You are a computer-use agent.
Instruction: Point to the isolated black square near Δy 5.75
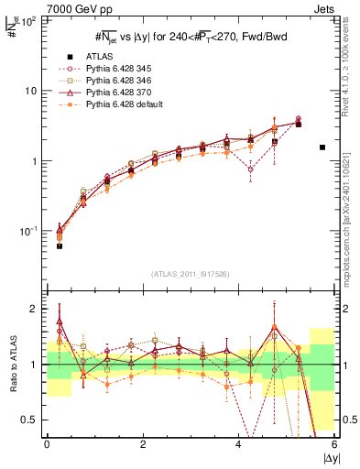click(x=322, y=147)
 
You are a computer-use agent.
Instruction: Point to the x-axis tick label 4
click(x=239, y=443)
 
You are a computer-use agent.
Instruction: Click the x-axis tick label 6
click(x=334, y=443)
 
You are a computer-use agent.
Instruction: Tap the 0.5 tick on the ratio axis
click(x=31, y=420)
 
